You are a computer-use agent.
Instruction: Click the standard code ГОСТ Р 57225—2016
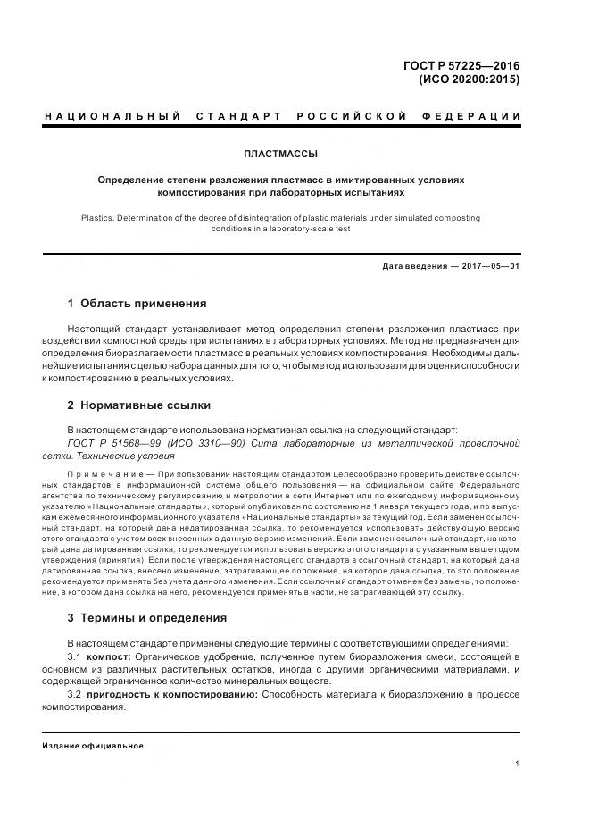tap(462, 64)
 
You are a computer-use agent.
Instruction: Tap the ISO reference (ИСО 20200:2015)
tap(470, 79)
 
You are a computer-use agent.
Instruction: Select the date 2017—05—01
tap(488, 266)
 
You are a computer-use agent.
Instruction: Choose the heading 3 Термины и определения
tap(147, 617)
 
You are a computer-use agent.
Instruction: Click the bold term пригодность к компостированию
tap(171, 694)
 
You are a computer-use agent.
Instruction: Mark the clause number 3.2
tap(75, 694)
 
